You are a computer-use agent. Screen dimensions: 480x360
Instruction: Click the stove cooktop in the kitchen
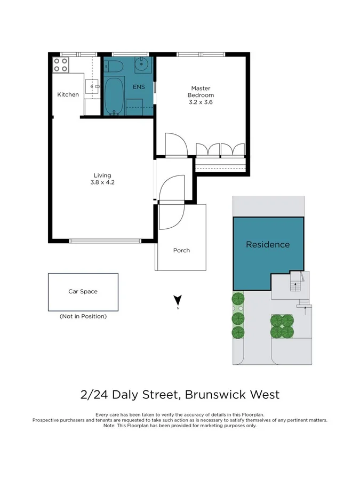(x=61, y=65)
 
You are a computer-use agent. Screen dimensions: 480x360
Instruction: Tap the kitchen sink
(x=92, y=85)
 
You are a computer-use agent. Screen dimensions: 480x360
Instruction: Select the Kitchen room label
(x=68, y=95)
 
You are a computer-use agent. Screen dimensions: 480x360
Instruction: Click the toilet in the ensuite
(x=114, y=67)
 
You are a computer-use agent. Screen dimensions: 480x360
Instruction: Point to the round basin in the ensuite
(x=142, y=66)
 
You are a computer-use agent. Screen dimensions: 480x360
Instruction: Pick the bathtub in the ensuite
(x=113, y=96)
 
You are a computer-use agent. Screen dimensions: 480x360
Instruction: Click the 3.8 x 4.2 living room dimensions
(x=102, y=182)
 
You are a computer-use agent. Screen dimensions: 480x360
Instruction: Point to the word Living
(x=102, y=175)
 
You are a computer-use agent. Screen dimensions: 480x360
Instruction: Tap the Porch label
(x=181, y=250)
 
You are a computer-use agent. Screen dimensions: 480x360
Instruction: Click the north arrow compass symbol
(x=178, y=301)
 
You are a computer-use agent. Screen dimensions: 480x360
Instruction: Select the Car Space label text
(x=83, y=292)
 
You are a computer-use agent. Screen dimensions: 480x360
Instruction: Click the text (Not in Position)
(x=83, y=316)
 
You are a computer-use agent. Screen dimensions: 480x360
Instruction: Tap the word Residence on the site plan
(x=268, y=245)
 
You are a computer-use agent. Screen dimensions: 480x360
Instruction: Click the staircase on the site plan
(x=294, y=286)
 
